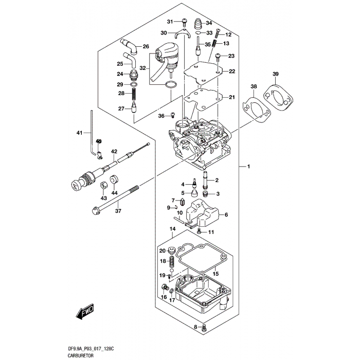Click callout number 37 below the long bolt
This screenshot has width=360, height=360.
(118, 210)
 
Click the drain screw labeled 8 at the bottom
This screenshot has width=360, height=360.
(206, 328)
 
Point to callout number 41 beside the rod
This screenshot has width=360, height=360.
(79, 133)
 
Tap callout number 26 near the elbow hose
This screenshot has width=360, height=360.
(146, 47)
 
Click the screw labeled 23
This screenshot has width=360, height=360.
(219, 56)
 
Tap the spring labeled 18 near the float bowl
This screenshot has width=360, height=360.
(173, 262)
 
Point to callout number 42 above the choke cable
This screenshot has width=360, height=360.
(114, 151)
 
